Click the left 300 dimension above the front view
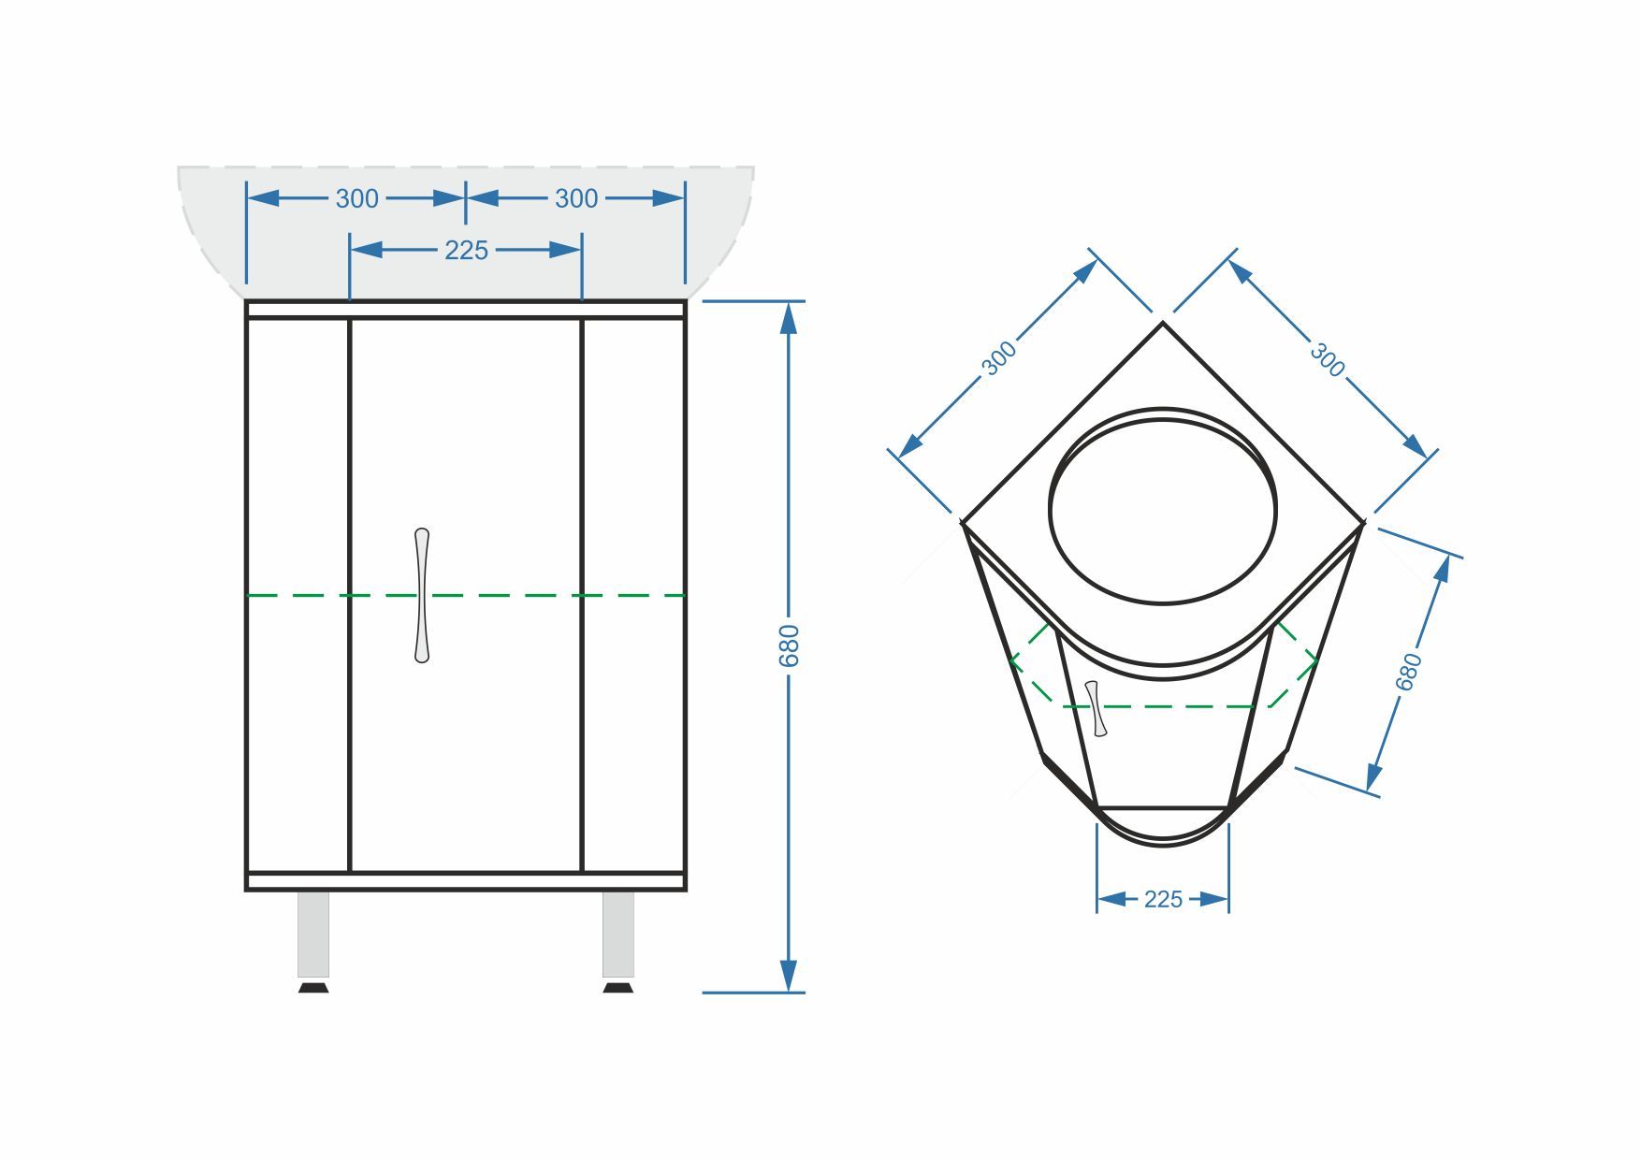click(x=357, y=198)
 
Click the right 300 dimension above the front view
click(x=576, y=198)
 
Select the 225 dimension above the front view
click(x=466, y=250)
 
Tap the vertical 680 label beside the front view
click(x=790, y=645)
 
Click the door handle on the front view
click(x=422, y=596)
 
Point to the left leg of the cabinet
click(x=313, y=935)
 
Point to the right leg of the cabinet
click(x=618, y=935)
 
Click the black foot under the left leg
click(x=313, y=987)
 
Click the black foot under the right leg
click(x=618, y=987)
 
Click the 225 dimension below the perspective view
click(x=1163, y=899)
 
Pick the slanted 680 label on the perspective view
click(x=1409, y=672)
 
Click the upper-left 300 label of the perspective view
click(x=999, y=358)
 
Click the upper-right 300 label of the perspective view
click(x=1326, y=358)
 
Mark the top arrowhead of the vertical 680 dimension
click(x=789, y=317)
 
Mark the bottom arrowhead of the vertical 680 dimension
click(x=789, y=977)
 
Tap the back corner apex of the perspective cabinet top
click(x=1163, y=323)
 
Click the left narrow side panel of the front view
click(x=298, y=596)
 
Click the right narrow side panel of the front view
click(x=633, y=596)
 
